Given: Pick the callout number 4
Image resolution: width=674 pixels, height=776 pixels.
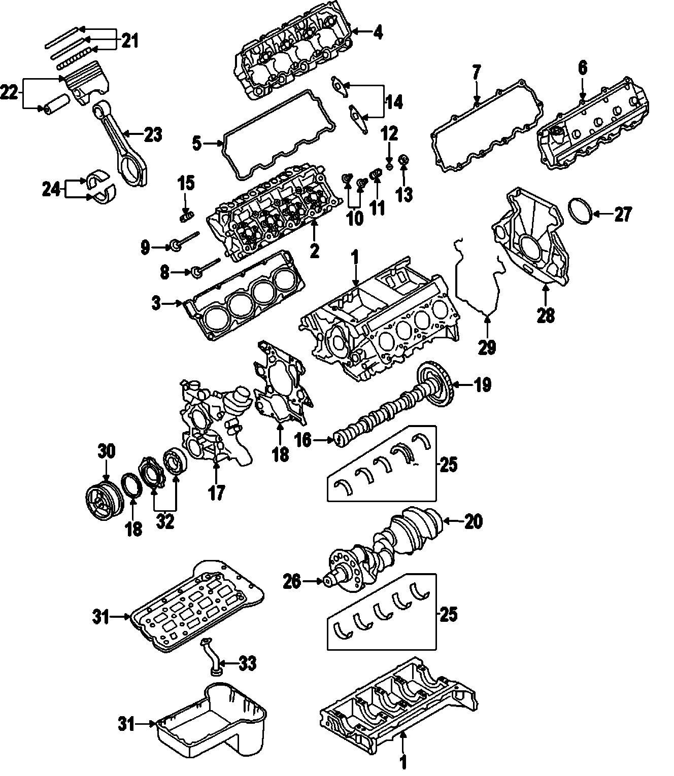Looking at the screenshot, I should [x=377, y=32].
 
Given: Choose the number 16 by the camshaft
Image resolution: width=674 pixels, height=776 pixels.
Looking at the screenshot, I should [x=303, y=440].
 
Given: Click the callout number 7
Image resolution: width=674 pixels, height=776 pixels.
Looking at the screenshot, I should [x=476, y=73].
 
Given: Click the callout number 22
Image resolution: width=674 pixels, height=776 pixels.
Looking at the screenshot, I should [x=10, y=93].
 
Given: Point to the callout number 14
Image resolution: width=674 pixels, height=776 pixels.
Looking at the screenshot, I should [x=394, y=102].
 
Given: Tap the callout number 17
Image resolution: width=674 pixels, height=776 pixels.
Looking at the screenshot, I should [x=216, y=491].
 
